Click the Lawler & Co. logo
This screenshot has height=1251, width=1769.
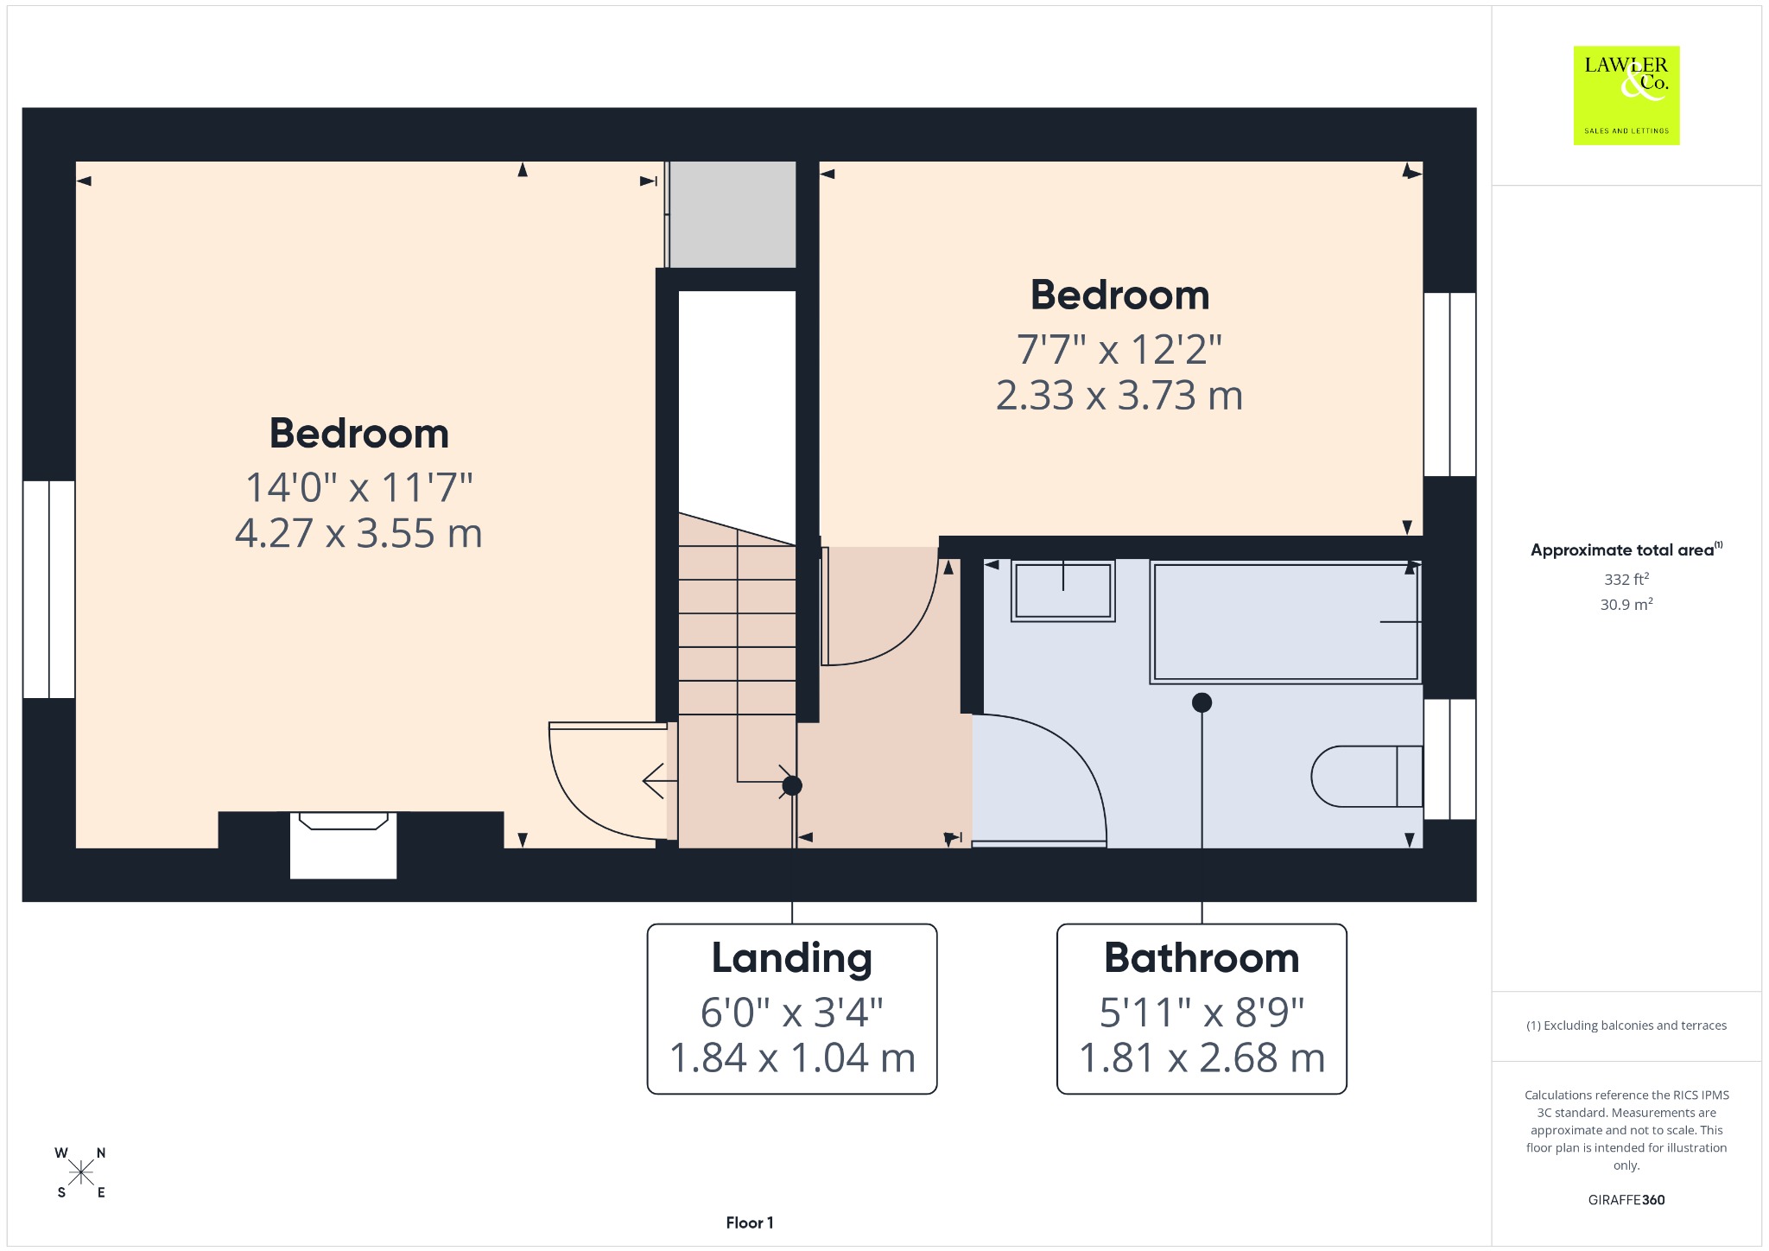coord(1626,95)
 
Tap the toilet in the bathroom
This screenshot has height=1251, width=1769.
coord(1366,776)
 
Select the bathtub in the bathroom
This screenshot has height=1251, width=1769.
coord(1285,622)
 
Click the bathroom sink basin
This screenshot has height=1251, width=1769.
coord(1062,591)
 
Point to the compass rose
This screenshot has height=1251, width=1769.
coord(81,1172)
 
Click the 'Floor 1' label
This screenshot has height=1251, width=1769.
coord(750,1222)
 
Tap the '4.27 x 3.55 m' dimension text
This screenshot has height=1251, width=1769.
coord(358,533)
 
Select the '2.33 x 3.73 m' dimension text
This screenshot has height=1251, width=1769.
coord(1119,395)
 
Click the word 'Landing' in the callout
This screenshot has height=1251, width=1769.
coord(792,958)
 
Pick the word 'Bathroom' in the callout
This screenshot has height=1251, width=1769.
coord(1202,958)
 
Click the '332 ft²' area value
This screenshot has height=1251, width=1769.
coord(1626,579)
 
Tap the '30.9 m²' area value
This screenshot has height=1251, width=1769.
coord(1626,604)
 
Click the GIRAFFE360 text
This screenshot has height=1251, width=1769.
coord(1626,1199)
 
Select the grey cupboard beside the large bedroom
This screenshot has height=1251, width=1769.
coord(732,214)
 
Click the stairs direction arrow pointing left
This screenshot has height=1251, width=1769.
coord(660,781)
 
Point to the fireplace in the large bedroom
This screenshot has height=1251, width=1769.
coord(343,845)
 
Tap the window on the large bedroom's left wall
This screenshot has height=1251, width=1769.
coord(49,589)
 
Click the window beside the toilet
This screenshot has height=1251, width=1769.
coord(1449,759)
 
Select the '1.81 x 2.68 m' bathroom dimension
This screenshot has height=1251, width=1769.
coord(1202,1057)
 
